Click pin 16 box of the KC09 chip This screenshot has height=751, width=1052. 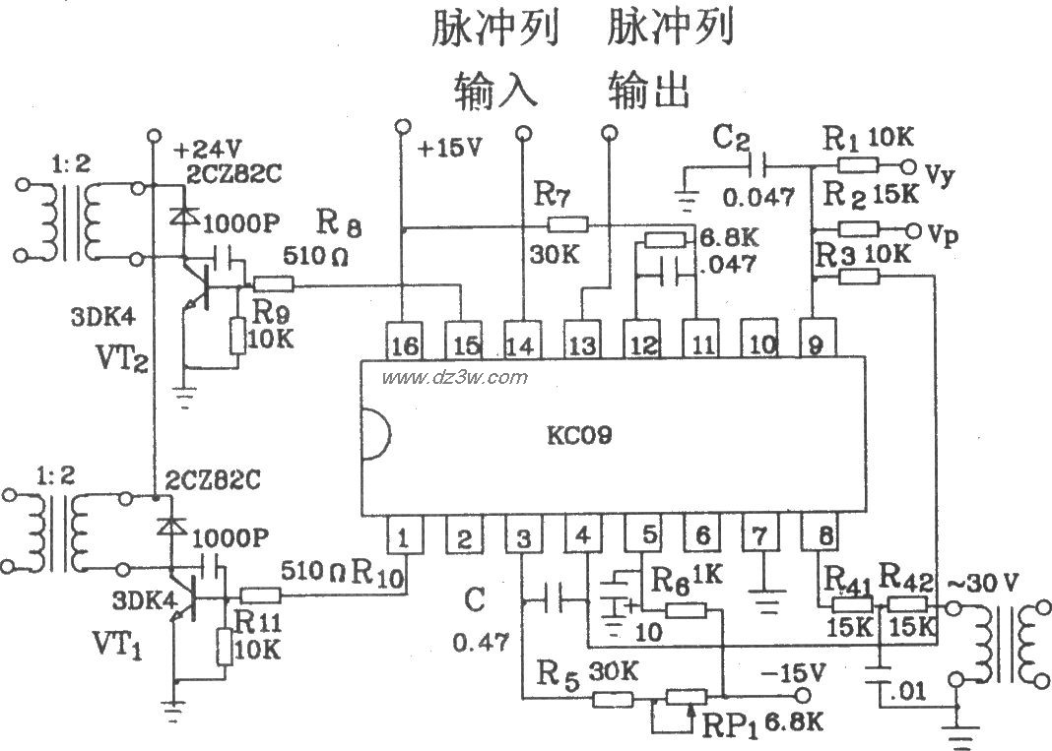402,344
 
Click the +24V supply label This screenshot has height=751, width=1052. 207,150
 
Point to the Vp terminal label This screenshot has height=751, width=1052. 941,234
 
